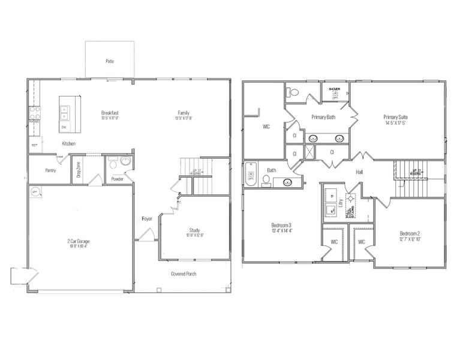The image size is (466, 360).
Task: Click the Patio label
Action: click(x=110, y=61)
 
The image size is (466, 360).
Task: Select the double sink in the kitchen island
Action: click(x=65, y=111)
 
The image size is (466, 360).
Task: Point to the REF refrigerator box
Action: click(x=34, y=145)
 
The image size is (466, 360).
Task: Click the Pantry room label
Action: click(x=51, y=170)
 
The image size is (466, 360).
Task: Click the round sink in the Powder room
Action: click(x=125, y=161)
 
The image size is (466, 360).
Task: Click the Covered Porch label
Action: click(x=184, y=274)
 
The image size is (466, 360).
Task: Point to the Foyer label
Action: click(x=147, y=219)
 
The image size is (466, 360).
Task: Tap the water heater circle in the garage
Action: click(x=34, y=191)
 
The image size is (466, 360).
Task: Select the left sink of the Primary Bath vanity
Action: click(x=312, y=138)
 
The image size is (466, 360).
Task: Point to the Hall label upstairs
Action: click(x=359, y=172)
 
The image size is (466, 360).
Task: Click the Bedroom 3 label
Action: click(x=282, y=225)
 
